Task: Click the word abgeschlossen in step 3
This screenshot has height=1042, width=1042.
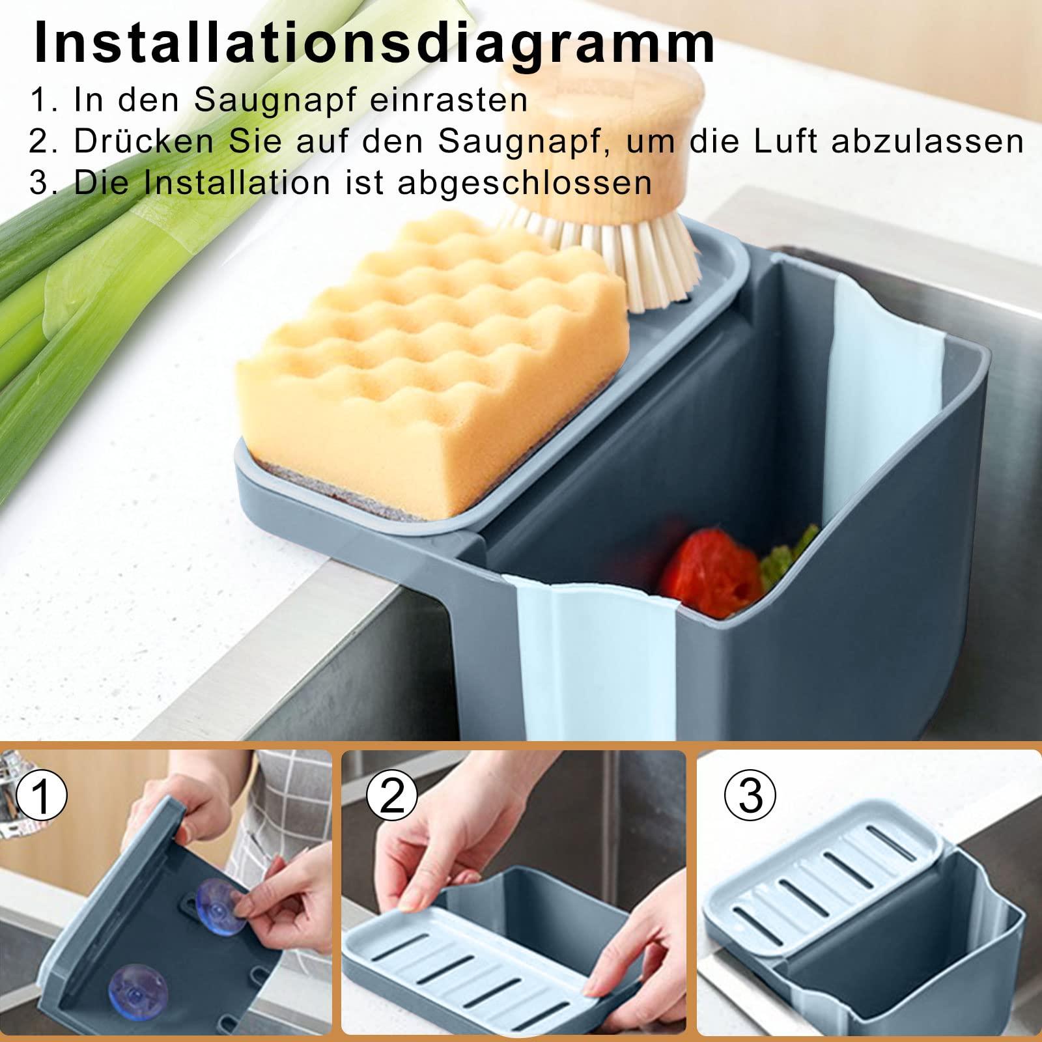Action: click(x=524, y=183)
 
